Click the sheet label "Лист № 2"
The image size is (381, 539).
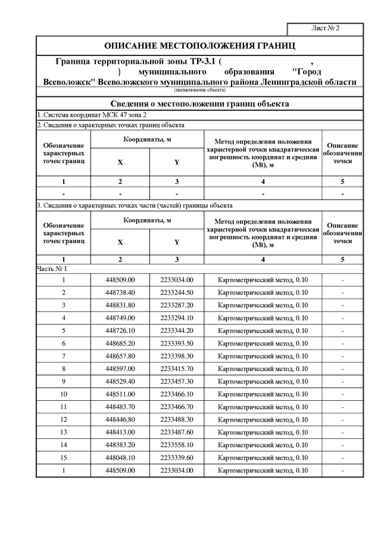[x=325, y=29]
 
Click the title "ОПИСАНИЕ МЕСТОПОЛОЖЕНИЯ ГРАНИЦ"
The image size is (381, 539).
[x=199, y=46]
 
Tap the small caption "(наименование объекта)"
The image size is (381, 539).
[x=199, y=90]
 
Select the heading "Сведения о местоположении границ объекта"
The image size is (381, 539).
[x=199, y=104]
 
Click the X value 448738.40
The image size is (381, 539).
[x=120, y=292]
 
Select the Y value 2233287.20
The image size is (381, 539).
[x=177, y=305]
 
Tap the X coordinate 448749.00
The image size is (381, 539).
[x=120, y=317]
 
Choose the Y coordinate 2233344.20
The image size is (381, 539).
[x=177, y=331]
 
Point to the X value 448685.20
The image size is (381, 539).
[x=120, y=343]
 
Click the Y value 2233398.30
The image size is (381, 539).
[x=177, y=356]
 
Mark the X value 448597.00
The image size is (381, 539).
[x=120, y=369]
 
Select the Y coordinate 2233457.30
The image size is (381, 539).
[x=177, y=381]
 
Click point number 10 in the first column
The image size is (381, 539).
[x=63, y=394]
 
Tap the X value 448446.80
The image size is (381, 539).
[x=120, y=419]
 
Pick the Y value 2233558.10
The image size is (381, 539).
[x=177, y=445]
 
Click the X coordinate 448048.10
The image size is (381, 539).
[x=120, y=457]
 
